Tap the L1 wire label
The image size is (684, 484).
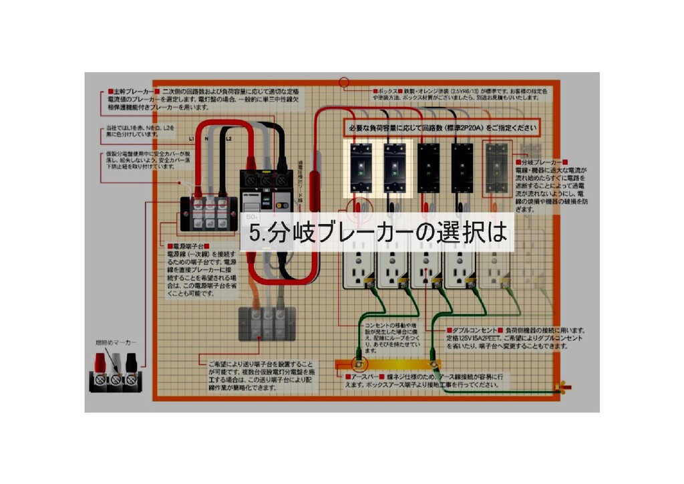(x=191, y=138)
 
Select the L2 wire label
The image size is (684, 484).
(x=228, y=138)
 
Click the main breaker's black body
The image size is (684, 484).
(x=266, y=201)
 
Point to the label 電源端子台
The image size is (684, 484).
(x=191, y=246)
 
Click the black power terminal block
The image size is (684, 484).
(x=209, y=213)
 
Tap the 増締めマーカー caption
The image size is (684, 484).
(x=116, y=342)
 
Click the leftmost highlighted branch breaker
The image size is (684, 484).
(x=361, y=168)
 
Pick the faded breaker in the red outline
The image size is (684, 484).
(x=496, y=168)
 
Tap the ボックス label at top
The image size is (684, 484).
(x=385, y=90)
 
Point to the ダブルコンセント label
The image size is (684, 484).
(x=475, y=330)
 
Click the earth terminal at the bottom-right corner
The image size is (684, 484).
(x=565, y=386)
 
